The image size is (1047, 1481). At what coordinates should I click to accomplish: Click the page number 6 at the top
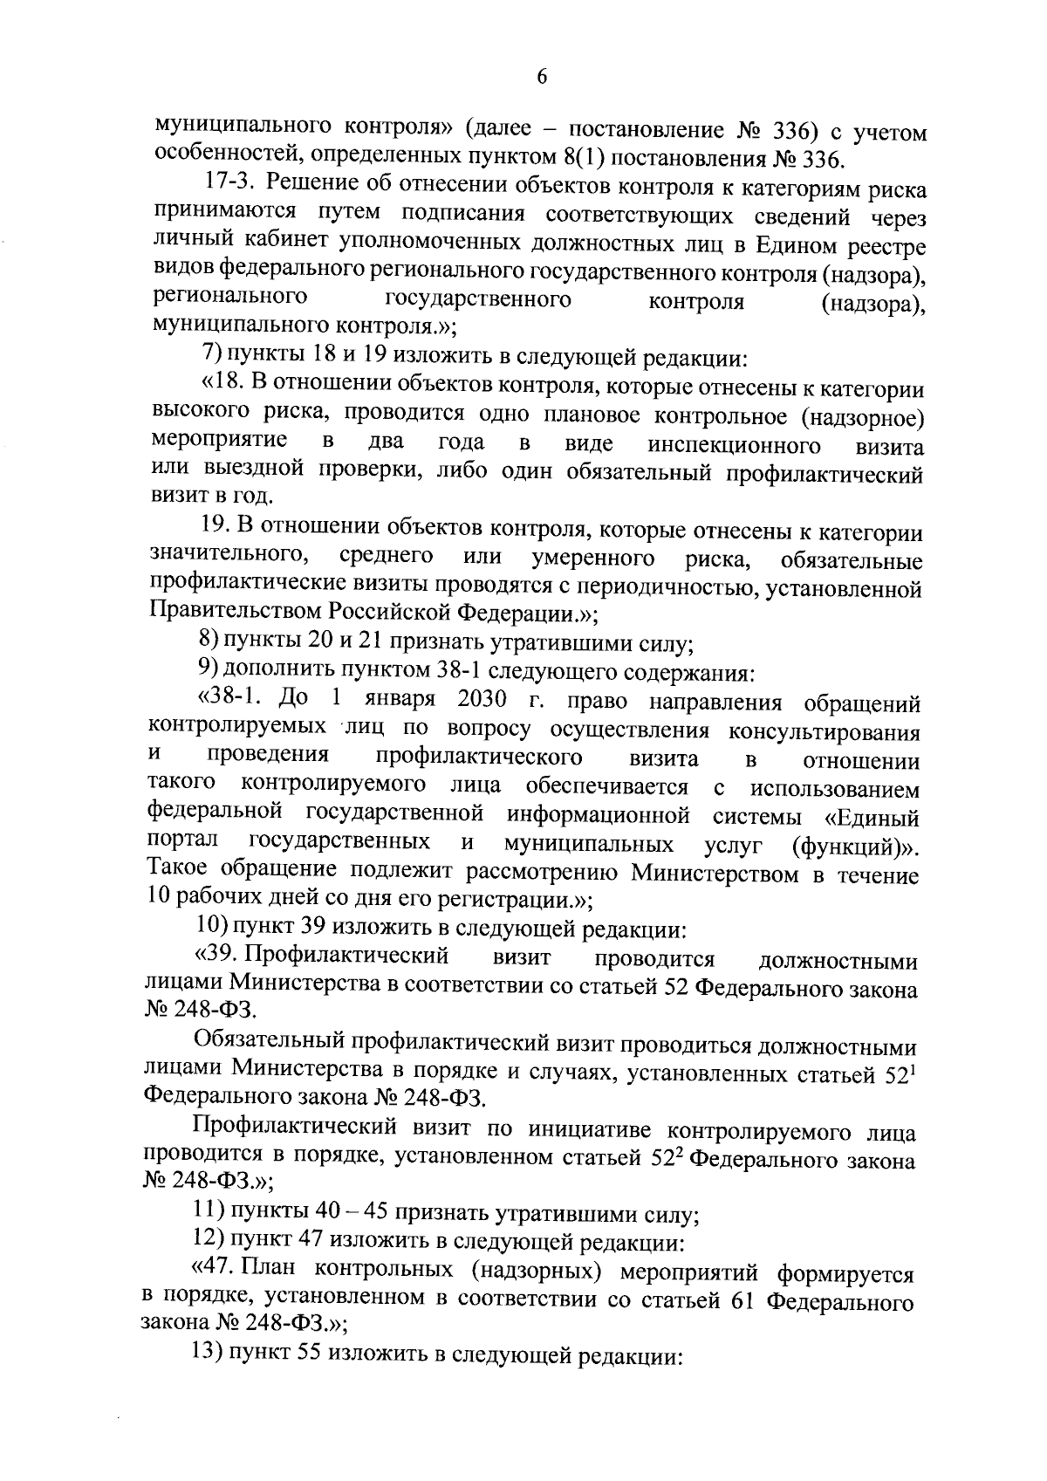pos(541,78)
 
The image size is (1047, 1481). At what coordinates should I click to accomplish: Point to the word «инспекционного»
pos(734,446)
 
